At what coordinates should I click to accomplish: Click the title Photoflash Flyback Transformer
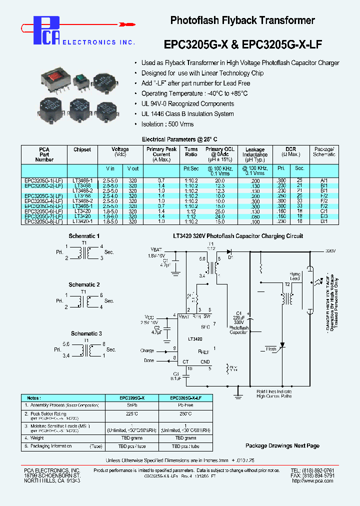[x=242, y=20]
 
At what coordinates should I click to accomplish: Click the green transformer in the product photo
[x=78, y=79]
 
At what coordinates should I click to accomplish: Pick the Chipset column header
[x=82, y=149]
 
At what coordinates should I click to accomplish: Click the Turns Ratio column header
[x=191, y=152]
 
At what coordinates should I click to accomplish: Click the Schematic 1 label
[x=84, y=236]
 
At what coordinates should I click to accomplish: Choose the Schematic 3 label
[x=86, y=333]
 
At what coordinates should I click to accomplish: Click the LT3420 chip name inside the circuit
[x=195, y=339]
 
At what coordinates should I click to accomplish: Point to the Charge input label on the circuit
[x=147, y=350]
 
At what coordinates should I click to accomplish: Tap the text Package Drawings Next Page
[x=282, y=445]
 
